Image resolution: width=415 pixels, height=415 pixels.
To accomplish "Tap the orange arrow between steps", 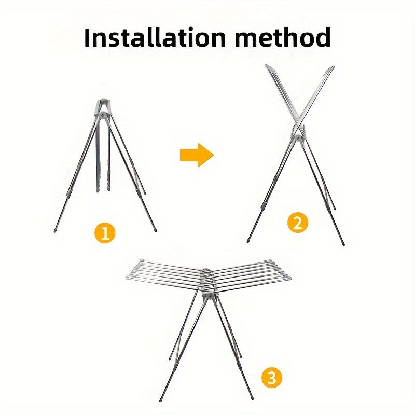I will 197,155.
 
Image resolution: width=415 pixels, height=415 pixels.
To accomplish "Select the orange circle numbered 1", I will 105,232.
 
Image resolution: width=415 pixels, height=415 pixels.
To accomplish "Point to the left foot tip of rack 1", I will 55,230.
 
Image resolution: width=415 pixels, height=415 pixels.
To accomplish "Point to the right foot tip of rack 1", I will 155,230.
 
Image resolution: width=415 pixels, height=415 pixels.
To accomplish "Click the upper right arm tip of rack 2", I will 333,67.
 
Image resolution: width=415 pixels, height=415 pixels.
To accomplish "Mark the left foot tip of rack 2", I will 248,241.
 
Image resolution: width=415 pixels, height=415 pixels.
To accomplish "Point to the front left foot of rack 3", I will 160,399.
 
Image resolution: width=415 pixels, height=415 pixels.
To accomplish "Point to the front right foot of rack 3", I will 252,398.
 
